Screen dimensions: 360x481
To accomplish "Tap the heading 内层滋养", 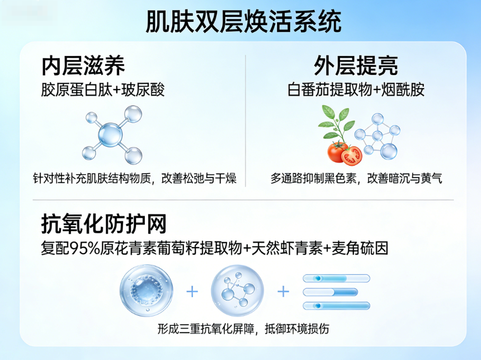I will point(83,66).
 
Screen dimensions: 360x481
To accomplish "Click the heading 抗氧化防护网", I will point(104,225).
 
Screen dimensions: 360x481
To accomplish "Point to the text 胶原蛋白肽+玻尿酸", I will point(103,90).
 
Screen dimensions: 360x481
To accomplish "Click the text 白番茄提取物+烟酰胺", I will point(356,90).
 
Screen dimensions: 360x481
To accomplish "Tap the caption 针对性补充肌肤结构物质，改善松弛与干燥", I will point(135,179).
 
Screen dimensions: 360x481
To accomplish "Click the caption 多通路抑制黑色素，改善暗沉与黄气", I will point(356,179).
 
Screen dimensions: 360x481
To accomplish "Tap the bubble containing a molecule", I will point(237,292).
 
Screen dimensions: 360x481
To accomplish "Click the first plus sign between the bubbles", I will point(192,292).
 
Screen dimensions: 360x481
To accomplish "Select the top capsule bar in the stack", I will point(336,278).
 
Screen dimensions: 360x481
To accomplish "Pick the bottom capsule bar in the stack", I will point(336,306).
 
